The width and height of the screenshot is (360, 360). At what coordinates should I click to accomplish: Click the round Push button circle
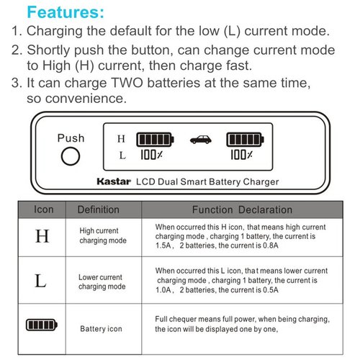coord(70,156)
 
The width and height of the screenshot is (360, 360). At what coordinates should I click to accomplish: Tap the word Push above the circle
coord(71,138)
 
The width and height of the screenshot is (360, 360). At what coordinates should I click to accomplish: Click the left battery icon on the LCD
coord(156,139)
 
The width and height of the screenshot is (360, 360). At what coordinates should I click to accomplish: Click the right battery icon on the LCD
coord(246,139)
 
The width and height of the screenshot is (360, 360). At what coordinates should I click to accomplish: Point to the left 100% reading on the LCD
coord(151,154)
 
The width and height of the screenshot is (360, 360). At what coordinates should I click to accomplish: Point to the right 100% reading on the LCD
coord(241,154)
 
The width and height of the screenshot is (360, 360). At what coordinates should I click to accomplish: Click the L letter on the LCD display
coord(122,154)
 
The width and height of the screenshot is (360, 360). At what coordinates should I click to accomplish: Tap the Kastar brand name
coord(111,181)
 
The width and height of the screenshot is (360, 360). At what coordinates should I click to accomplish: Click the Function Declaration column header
coord(242,210)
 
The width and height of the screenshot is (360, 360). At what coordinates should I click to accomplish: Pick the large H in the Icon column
coord(42,235)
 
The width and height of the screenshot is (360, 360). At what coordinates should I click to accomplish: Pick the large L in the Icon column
coord(41,280)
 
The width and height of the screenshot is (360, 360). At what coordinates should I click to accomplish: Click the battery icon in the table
coord(41,325)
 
